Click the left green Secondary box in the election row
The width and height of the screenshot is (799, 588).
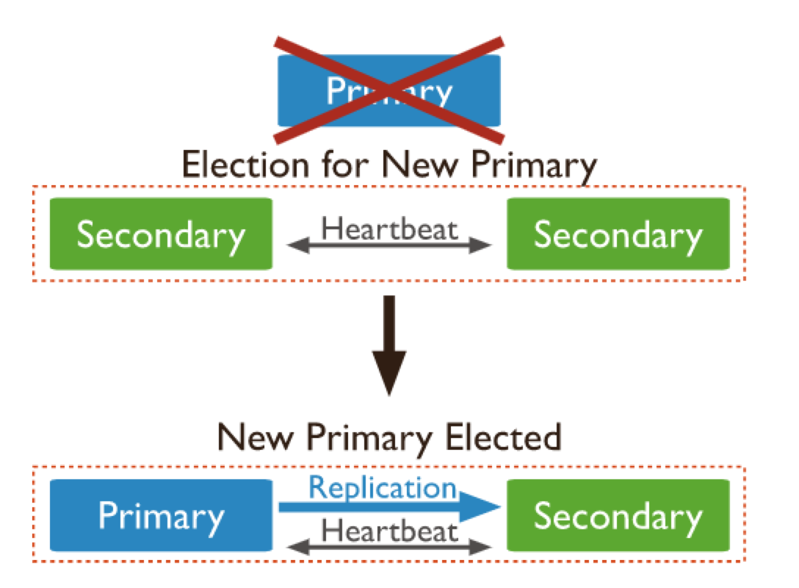coord(161,234)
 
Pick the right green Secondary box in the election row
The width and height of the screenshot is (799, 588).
coord(618,234)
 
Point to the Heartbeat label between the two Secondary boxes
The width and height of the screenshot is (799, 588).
coord(389,229)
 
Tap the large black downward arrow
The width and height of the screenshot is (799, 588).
coord(389,345)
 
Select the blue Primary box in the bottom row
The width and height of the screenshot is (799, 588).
coord(161,515)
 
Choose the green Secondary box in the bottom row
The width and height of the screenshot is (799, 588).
coord(618,515)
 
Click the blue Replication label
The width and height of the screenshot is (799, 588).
coord(382,487)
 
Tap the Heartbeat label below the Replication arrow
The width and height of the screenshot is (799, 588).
coord(389,530)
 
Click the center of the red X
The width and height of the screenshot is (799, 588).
coord(389,90)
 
